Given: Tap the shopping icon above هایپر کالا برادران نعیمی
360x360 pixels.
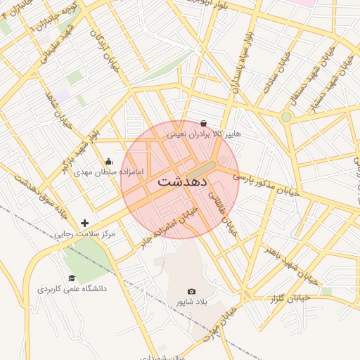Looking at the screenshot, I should [x=203, y=123].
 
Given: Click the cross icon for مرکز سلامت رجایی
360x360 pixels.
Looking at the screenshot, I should [x=85, y=223].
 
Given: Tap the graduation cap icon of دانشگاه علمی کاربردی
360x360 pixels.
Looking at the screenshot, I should [x=70, y=278].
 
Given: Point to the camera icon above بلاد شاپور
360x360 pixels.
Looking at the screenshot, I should [x=191, y=291].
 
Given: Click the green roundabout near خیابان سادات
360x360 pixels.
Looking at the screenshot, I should [x=286, y=117].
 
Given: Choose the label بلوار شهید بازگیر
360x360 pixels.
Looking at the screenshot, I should [x=82, y=148].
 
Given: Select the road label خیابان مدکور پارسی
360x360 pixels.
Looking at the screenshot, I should [x=267, y=184].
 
